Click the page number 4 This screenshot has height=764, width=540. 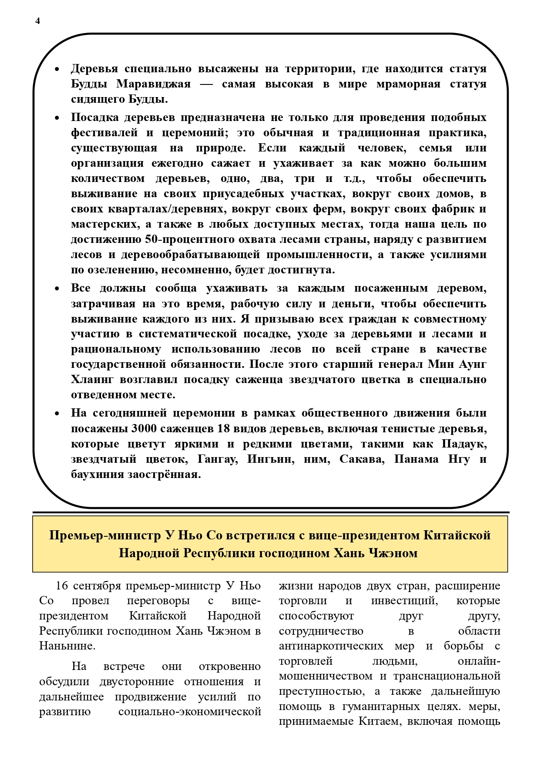point(37,21)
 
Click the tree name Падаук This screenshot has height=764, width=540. point(464,444)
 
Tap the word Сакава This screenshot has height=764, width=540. point(362,459)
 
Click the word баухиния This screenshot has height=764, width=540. point(97,475)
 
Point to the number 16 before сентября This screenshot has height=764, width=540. point(62,586)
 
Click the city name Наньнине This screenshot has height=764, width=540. point(67,646)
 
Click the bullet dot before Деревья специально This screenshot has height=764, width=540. point(57,69)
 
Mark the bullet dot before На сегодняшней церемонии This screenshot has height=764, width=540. point(57,414)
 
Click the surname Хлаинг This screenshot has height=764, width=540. point(92,380)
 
